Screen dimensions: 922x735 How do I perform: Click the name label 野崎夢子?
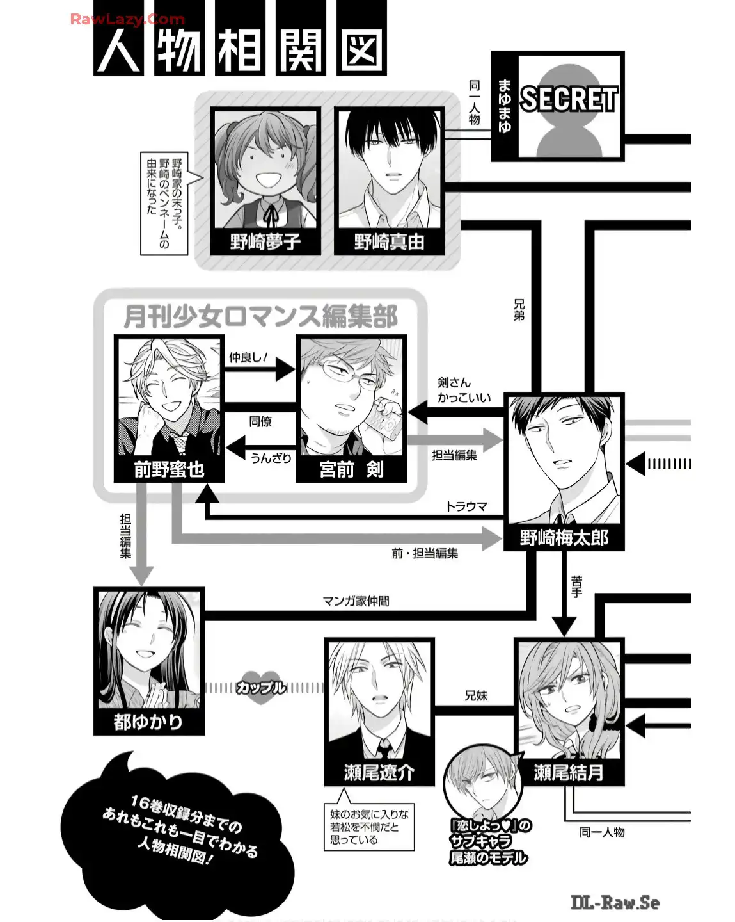[x=265, y=242]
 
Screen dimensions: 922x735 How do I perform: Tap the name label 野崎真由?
[x=389, y=242]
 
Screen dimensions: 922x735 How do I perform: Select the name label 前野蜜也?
[x=169, y=469]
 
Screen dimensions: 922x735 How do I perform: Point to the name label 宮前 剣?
[x=351, y=469]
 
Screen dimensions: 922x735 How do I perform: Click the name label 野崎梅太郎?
[x=564, y=537]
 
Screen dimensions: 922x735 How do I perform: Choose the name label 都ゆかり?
[x=148, y=722]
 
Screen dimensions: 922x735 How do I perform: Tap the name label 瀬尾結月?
[x=569, y=773]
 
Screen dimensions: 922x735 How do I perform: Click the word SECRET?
[x=569, y=99]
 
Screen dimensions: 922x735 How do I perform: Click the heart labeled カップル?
[x=260, y=688]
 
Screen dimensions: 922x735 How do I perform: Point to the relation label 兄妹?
[x=476, y=695]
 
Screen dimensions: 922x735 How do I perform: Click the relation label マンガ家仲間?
[x=356, y=601]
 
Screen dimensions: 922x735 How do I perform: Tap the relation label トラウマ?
[x=466, y=506]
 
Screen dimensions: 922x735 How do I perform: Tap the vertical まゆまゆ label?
[x=505, y=106]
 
